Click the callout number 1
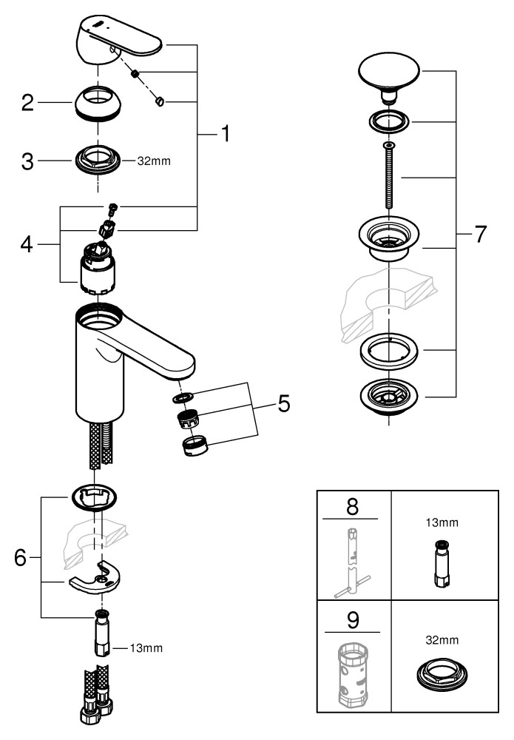coord(223,134)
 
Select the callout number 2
coord(27,103)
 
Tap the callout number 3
coord(27,161)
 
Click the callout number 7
coord(480,235)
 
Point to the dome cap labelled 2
coord(98,103)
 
